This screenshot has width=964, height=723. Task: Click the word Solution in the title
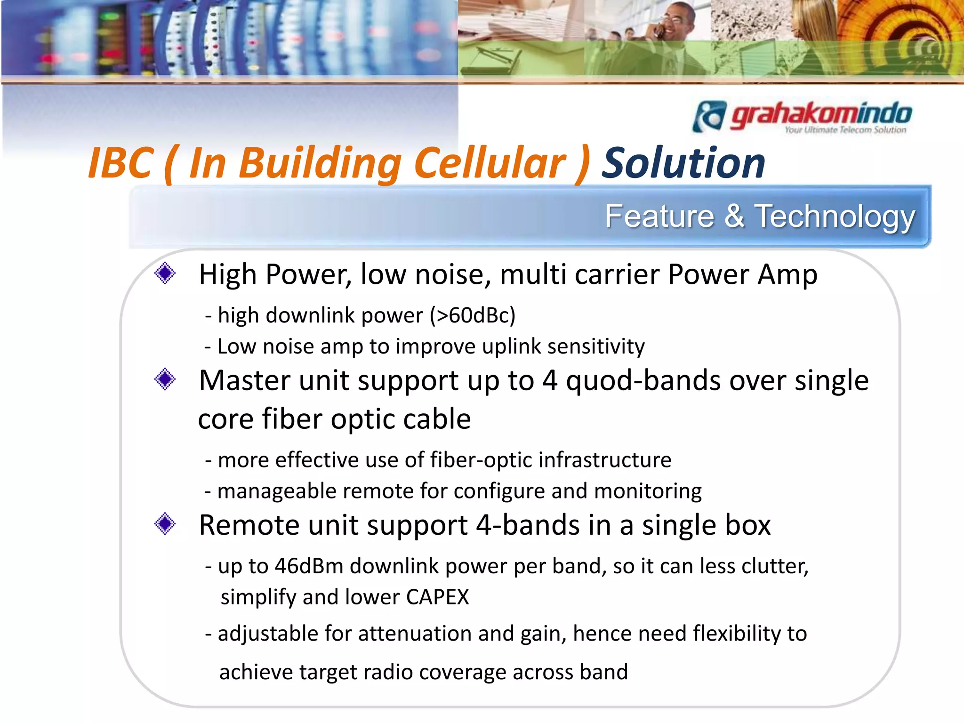pos(683,163)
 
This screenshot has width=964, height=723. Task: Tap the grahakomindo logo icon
pos(709,116)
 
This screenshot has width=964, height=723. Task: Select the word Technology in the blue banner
pos(835,217)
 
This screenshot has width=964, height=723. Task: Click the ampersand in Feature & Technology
pos(734,217)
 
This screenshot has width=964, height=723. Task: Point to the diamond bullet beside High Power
pos(165,273)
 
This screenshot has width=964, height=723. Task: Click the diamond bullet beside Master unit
pos(165,379)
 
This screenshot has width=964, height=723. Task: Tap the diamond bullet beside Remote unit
pos(165,523)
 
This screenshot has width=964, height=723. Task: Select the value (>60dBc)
pos(473,315)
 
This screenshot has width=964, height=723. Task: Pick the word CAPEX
pos(437,597)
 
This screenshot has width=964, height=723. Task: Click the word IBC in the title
pos(121,163)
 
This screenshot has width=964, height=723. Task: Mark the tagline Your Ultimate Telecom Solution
pos(845,130)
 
